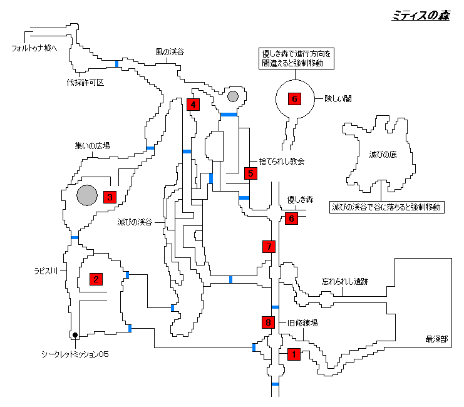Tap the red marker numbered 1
pos(293,354)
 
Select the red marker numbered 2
pos(96,279)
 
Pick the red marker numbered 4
pos(193,105)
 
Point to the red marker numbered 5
pos(250,173)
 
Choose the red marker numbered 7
pos(269,247)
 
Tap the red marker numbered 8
pos(268,322)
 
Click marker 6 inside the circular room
pos(294,99)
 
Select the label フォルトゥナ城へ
pos(34,48)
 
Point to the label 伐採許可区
pos(85,82)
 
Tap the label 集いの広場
pos(93,146)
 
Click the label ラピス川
pos(46,271)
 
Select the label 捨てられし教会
pos(281,162)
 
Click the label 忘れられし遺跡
pos(344,282)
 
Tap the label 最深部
pos(436,339)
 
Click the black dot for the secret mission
pos(75,334)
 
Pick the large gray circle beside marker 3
pos(87,195)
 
